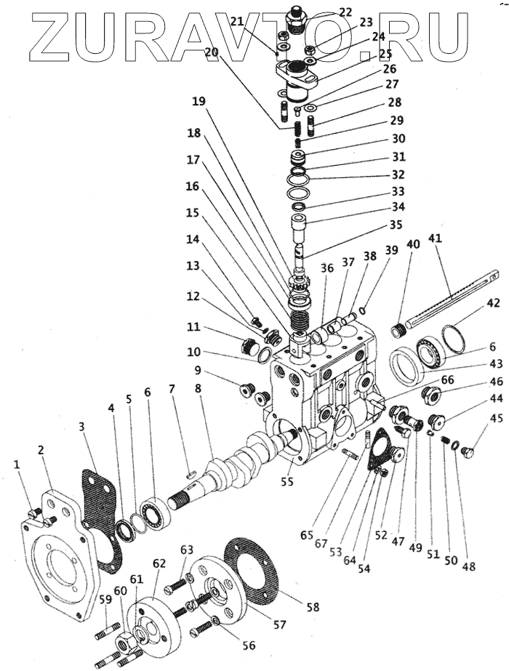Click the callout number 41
456,237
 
